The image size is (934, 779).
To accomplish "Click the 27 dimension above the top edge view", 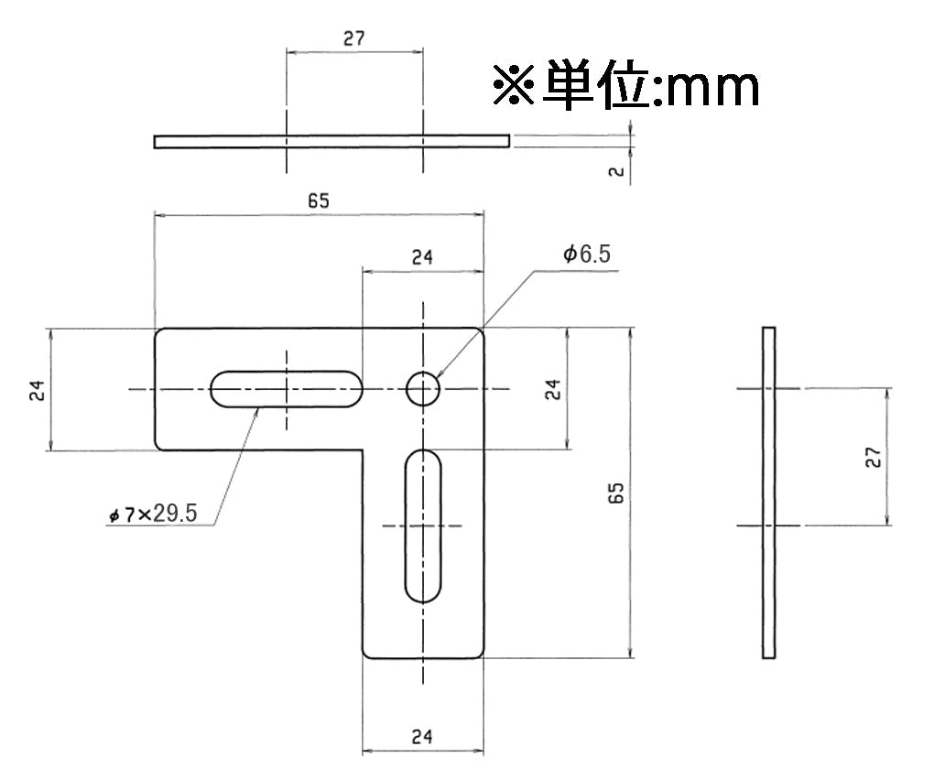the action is click(353, 38).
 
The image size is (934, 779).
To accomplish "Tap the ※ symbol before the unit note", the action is click(514, 85).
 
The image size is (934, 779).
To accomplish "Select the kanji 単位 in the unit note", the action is click(596, 84).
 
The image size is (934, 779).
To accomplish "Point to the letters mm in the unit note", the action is click(713, 89).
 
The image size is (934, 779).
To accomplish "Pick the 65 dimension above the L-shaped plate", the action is click(319, 200).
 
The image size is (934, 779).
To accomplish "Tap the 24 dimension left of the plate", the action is click(37, 390).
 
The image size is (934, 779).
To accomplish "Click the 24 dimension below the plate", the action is click(422, 737).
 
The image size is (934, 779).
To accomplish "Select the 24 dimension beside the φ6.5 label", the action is click(422, 257).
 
